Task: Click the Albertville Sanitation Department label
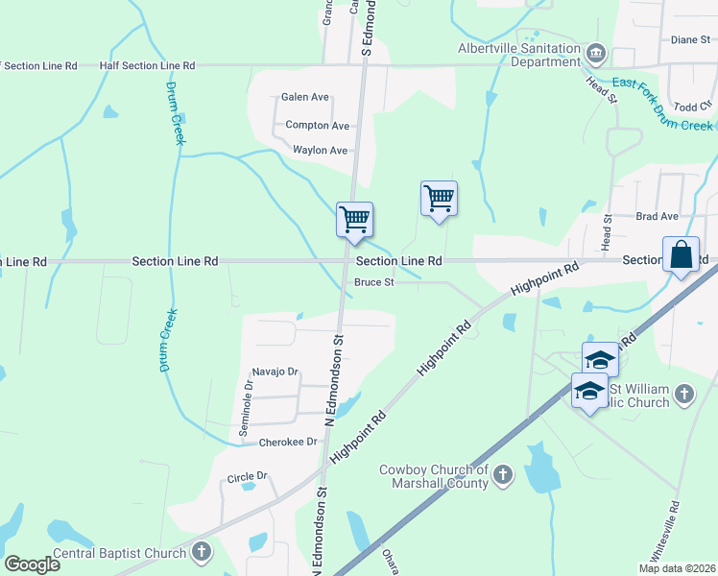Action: click(518, 57)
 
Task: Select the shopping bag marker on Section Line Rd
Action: click(681, 256)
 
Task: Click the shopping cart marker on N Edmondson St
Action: click(354, 220)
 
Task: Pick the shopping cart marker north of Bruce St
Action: click(439, 199)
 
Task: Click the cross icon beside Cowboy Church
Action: click(503, 474)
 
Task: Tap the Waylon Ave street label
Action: click(320, 151)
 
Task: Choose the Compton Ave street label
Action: click(318, 126)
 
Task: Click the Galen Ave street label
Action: click(305, 97)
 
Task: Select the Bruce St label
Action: click(374, 282)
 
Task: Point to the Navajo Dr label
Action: click(275, 372)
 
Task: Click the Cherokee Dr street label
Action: click(288, 443)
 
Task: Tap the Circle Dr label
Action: click(247, 477)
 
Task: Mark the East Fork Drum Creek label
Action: click(662, 105)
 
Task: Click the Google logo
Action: click(32, 564)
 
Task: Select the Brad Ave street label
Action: click(657, 217)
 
